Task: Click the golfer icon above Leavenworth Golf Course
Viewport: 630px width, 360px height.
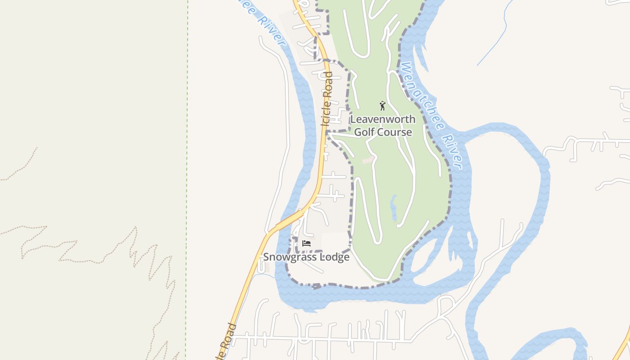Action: pos(382,106)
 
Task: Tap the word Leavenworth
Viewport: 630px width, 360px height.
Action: pos(382,120)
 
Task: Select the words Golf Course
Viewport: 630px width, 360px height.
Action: pos(382,132)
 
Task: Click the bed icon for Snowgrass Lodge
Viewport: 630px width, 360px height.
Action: pos(306,243)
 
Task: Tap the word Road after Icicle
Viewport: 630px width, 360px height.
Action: pos(328,84)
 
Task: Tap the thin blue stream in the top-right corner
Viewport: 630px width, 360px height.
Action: pos(499,31)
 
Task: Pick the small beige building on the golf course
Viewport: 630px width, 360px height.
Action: pos(368,160)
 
